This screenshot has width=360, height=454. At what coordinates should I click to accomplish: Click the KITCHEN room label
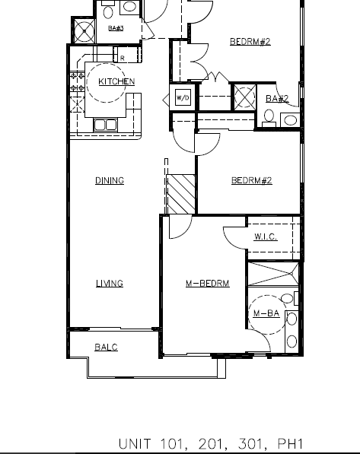click(116, 81)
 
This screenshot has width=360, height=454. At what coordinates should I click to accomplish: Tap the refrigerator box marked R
click(123, 57)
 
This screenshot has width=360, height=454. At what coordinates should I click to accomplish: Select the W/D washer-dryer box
click(183, 98)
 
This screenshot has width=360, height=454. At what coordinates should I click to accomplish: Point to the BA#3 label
click(116, 29)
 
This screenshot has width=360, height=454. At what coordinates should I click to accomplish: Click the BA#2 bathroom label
click(277, 98)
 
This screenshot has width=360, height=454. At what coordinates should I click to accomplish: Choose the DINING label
click(110, 181)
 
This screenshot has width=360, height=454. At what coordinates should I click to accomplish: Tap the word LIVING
click(110, 284)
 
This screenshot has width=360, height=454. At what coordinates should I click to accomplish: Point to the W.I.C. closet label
click(266, 237)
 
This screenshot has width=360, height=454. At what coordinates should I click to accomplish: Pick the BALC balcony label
click(106, 348)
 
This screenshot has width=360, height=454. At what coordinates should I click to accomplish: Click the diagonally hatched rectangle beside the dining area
click(182, 195)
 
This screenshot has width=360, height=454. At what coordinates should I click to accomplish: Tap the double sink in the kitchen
click(105, 125)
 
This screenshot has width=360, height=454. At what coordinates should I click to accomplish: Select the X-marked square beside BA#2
click(244, 97)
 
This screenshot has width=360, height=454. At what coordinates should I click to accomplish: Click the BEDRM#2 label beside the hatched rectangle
click(251, 181)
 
